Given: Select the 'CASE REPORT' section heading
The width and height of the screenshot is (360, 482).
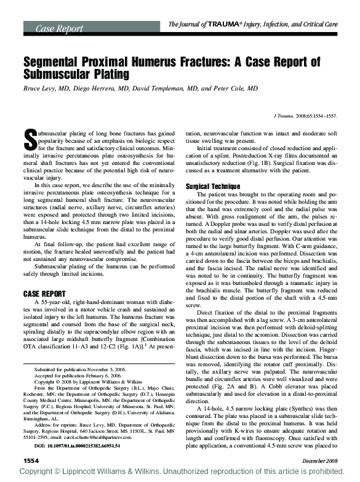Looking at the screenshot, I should [49, 293].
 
